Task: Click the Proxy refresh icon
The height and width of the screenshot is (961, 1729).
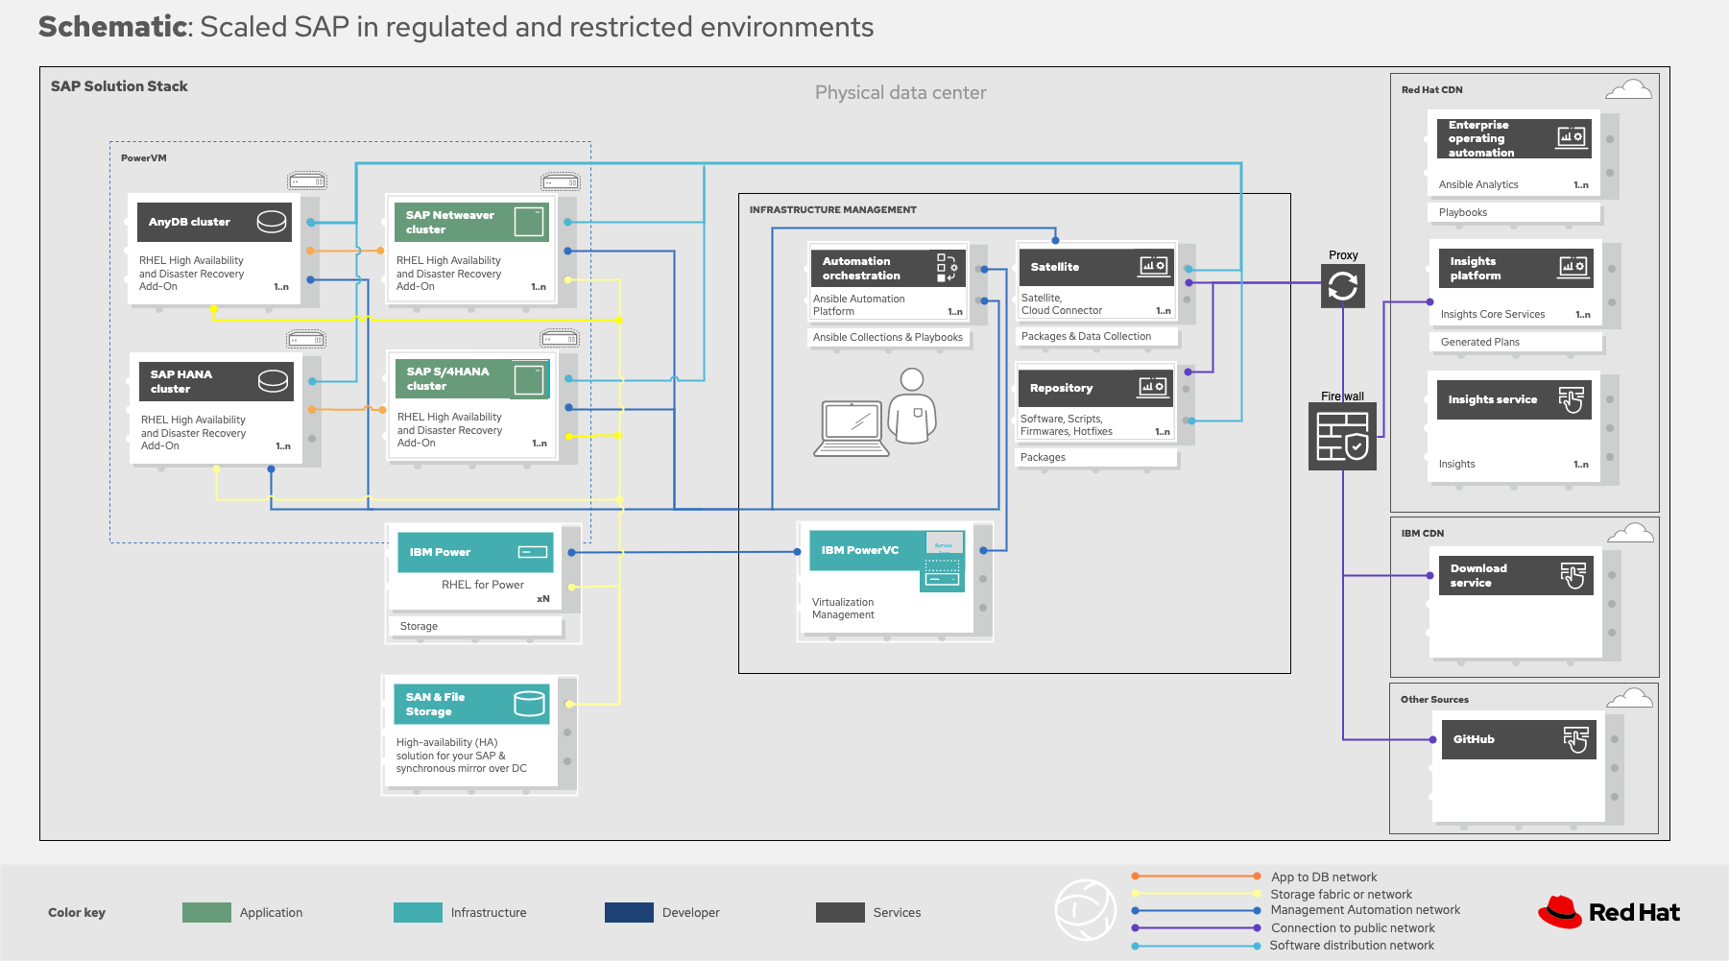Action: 1342,286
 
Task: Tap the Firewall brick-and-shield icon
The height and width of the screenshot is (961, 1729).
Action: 1342,437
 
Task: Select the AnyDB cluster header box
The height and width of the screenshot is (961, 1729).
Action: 213,222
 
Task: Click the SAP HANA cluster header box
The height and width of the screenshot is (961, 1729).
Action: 215,381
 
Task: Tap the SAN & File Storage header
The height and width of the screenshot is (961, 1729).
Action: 471,705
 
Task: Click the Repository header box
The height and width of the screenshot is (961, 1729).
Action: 1095,388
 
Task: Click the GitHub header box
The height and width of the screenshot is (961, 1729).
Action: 1518,739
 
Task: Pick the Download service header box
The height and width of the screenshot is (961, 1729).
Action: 1515,576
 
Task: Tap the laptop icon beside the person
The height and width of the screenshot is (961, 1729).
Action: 851,428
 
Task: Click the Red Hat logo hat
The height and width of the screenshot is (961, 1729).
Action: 1561,912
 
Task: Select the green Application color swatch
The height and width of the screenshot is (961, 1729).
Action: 206,912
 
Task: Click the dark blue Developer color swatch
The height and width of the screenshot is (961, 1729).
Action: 629,912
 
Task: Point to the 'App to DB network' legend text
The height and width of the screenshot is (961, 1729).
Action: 1324,877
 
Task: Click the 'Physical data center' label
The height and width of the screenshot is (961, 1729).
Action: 900,93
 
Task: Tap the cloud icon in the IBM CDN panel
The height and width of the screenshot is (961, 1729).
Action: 1630,533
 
